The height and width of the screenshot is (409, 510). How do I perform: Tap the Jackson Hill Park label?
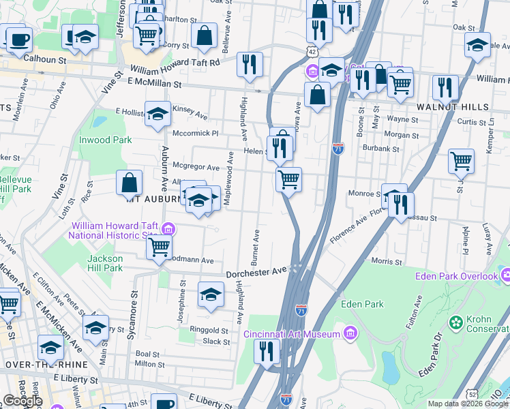point(105,263)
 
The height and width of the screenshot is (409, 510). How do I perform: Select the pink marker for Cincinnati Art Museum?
point(350,333)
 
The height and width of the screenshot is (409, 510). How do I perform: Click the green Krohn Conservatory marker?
point(455,321)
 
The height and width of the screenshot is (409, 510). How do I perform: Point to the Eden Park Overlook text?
point(457,276)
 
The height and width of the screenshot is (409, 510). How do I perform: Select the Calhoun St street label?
point(44,59)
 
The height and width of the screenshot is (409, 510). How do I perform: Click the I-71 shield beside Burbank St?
point(338,148)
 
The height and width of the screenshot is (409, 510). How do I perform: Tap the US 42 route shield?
point(311,51)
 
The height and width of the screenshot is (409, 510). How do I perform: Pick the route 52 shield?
point(472,394)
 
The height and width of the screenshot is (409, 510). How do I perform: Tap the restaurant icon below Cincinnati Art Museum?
point(267,351)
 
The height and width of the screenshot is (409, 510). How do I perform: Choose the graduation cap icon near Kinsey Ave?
point(157,114)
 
